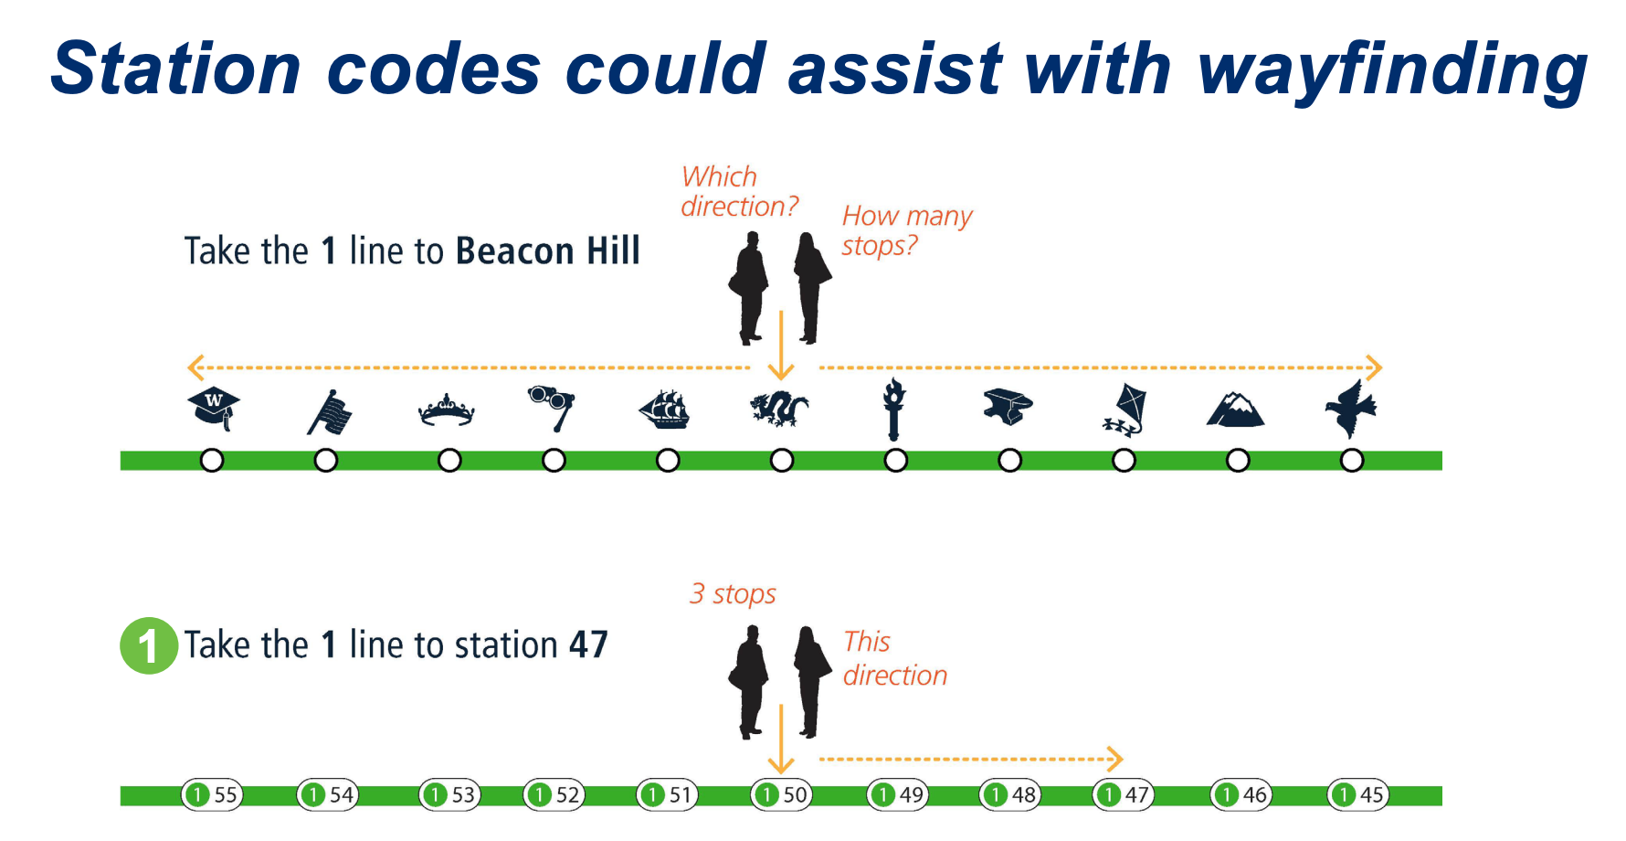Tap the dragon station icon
tap(779, 408)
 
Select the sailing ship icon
tap(665, 410)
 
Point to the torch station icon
tap(894, 409)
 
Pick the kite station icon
tap(1124, 410)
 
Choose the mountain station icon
tap(1236, 410)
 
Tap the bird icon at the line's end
tap(1351, 409)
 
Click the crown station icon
tap(447, 410)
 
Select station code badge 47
tap(1124, 794)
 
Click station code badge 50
tap(781, 794)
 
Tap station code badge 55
tap(212, 794)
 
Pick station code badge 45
tap(1358, 794)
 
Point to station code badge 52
tap(554, 794)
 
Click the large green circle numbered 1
tap(149, 645)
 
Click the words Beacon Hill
tap(548, 250)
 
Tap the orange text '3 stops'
tap(733, 594)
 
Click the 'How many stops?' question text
tap(907, 230)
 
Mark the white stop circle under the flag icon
tap(325, 460)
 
